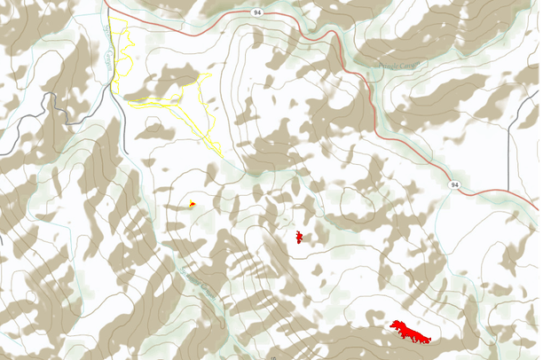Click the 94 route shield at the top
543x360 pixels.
(256, 13)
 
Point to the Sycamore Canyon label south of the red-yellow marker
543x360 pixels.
(201, 285)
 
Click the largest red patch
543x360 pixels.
(410, 331)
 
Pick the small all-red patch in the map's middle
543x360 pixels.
(299, 237)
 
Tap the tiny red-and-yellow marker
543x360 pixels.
(192, 205)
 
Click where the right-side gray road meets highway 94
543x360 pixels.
(509, 192)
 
